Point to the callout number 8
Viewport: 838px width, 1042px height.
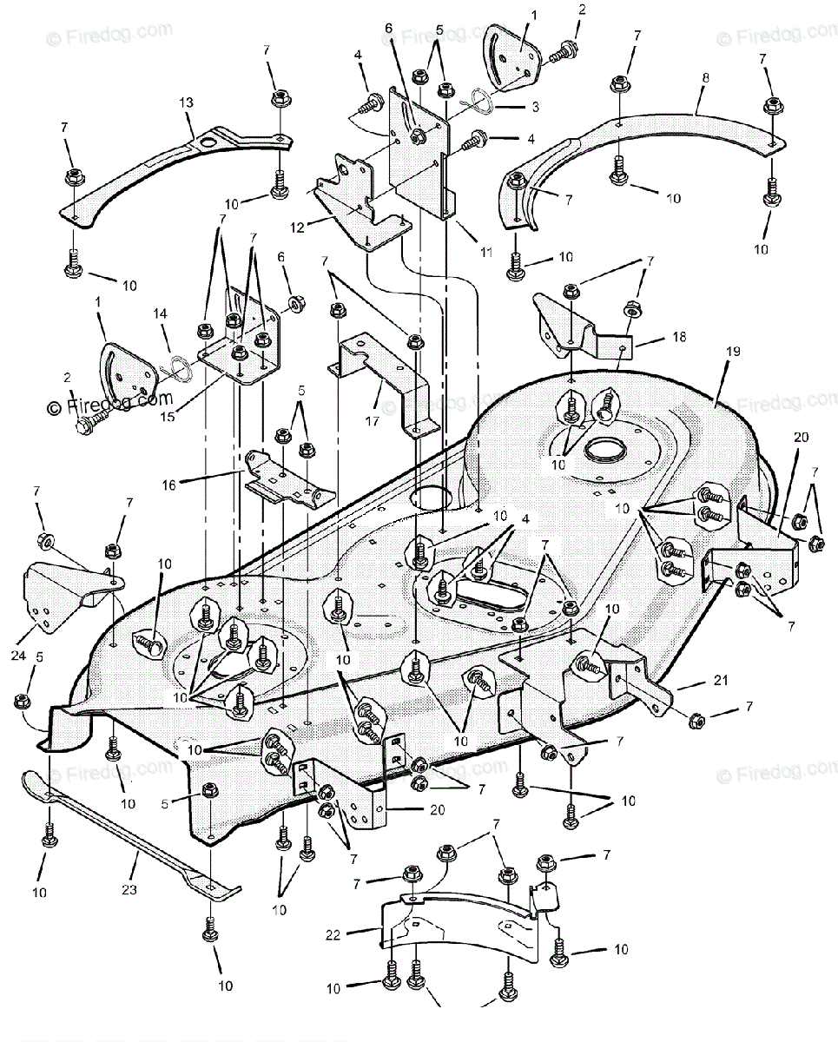[x=703, y=76]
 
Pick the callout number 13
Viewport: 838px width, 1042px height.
[x=186, y=102]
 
